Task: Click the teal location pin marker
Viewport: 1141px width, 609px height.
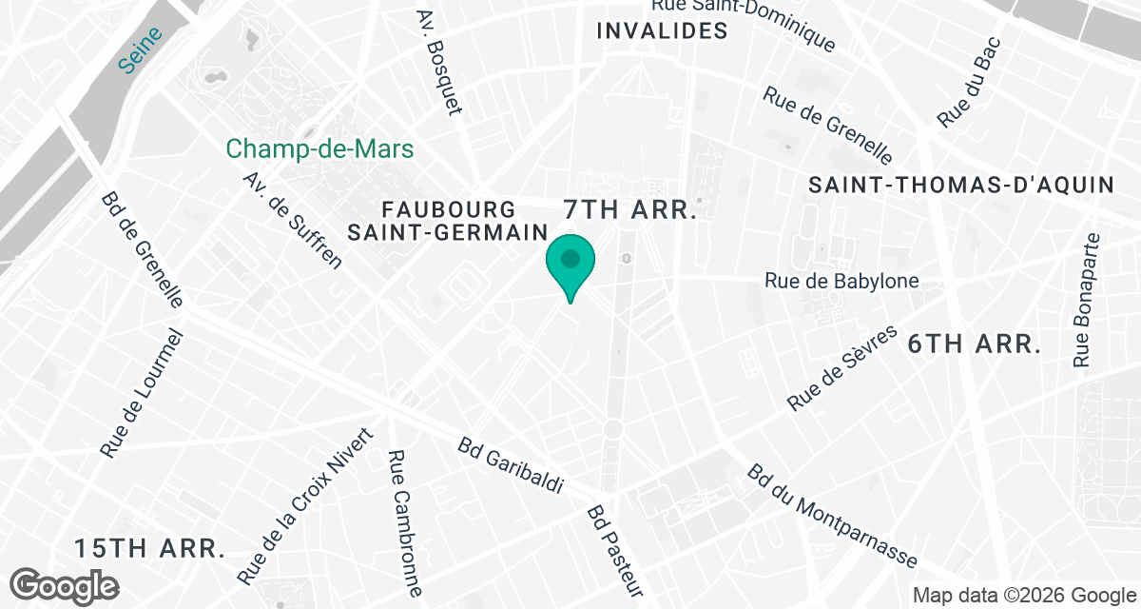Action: (570, 262)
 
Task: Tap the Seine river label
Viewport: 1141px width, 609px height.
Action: (141, 49)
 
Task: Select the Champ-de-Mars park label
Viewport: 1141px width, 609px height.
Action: (319, 149)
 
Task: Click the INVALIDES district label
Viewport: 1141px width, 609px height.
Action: (662, 31)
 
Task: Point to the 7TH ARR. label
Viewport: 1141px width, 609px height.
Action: (631, 209)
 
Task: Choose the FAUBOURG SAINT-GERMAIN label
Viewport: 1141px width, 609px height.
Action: (449, 220)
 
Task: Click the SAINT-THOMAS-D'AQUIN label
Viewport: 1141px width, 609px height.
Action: (960, 186)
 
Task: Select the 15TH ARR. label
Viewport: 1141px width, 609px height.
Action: (150, 548)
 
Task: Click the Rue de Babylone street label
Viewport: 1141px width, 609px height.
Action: (841, 281)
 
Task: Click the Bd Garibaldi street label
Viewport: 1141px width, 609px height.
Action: (511, 465)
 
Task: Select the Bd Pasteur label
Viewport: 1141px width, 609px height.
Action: (615, 550)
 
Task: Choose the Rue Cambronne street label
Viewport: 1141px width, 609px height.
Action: (405, 522)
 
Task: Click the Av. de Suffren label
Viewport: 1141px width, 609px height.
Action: (292, 221)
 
